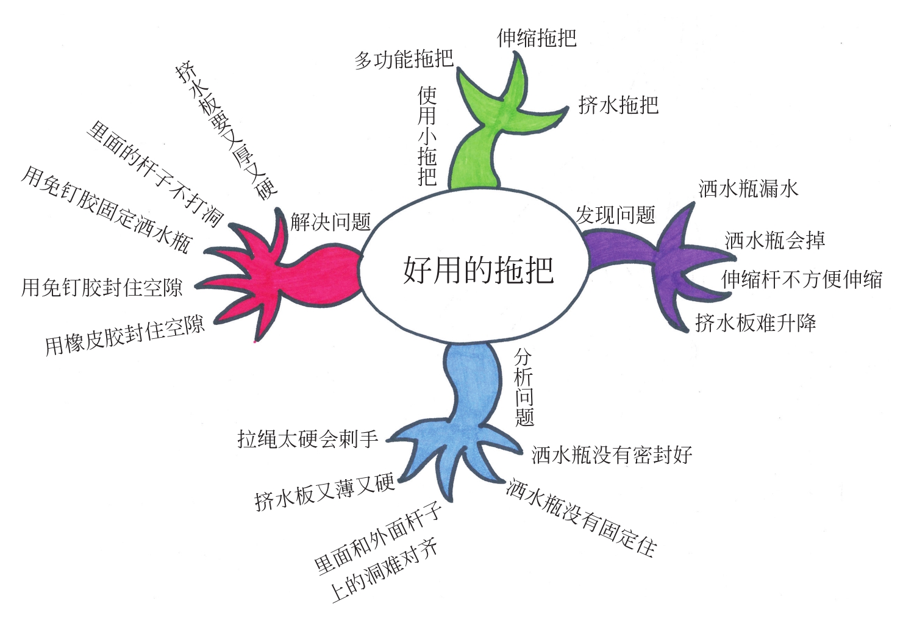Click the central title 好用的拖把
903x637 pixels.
pyautogui.click(x=478, y=269)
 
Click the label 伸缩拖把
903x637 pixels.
pyautogui.click(x=537, y=38)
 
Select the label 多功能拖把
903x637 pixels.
pyautogui.click(x=404, y=59)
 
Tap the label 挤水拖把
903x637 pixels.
pyautogui.click(x=618, y=105)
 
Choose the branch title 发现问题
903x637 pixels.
pyautogui.click(x=615, y=215)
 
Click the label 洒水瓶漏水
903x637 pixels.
pyautogui.click(x=748, y=188)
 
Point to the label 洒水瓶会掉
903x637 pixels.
pyautogui.click(x=774, y=240)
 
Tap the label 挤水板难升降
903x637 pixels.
pyautogui.click(x=755, y=322)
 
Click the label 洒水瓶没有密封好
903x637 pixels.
pyautogui.click(x=612, y=455)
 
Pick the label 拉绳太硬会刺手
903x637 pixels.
pyautogui.click(x=307, y=438)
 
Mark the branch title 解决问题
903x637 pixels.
pyautogui.click(x=330, y=222)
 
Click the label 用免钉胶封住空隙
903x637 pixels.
pyautogui.click(x=102, y=287)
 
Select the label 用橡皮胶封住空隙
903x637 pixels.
pyautogui.click(x=124, y=336)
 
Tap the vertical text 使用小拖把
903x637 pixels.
pyautogui.click(x=427, y=135)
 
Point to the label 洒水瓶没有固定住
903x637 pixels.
pyautogui.click(x=581, y=518)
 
